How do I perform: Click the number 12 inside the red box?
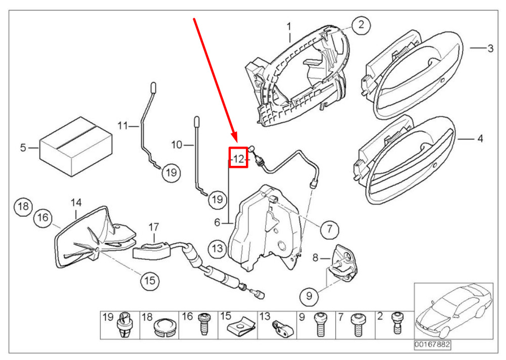coord(238,159)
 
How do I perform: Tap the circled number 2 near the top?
coord(360,25)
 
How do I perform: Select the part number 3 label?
coord(490,49)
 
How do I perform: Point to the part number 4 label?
coord(480,138)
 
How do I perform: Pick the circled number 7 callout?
coord(328,229)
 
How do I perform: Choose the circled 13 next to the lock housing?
coord(217,249)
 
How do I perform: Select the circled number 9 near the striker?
coord(309,295)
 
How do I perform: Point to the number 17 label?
coord(154,227)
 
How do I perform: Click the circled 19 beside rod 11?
coord(171,173)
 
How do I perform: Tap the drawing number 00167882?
coord(432,345)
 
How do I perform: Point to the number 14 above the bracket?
coord(76,203)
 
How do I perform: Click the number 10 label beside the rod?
coord(176,145)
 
